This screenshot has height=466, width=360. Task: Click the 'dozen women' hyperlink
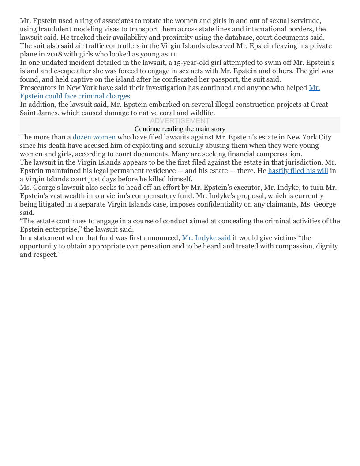click(94, 137)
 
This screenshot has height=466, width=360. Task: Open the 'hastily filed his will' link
click(298, 171)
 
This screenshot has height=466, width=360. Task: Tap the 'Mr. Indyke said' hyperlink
click(207, 238)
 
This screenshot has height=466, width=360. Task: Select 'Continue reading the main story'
click(180, 129)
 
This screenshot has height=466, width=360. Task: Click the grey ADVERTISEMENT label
click(180, 121)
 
